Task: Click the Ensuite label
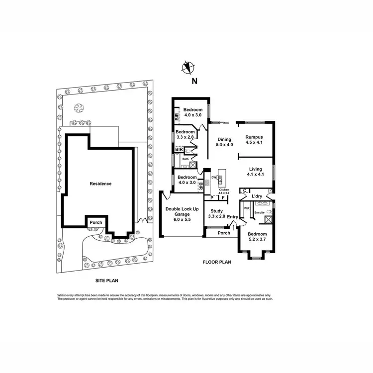click(259, 212)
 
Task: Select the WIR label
click(246, 209)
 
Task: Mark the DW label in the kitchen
click(213, 177)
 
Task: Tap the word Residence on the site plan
click(100, 184)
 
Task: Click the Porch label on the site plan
click(94, 222)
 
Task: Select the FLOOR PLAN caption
click(217, 262)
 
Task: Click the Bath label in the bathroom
click(185, 159)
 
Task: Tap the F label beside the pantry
click(223, 198)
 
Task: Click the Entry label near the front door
click(233, 216)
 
